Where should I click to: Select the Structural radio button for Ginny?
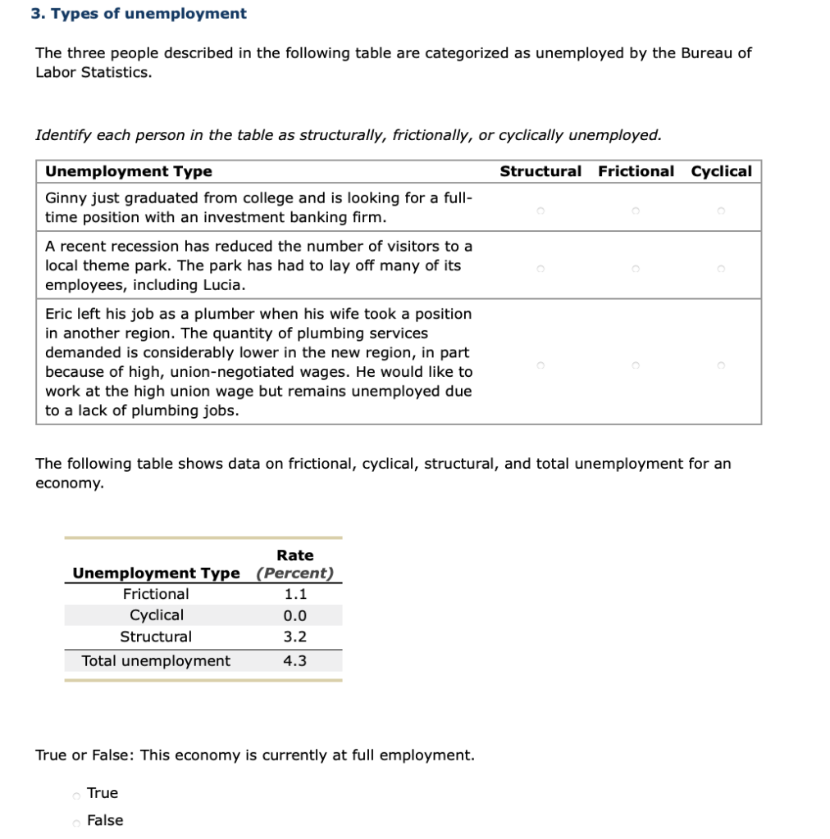540,211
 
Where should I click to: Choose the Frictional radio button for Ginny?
636,211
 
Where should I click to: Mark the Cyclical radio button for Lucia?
721,268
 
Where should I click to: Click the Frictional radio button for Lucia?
636,268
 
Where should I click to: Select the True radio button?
76,794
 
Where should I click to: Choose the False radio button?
76,822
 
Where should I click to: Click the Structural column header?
540,171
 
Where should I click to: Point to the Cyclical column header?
721,171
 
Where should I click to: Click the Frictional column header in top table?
636,171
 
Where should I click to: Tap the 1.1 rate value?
294,594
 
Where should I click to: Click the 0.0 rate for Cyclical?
294,615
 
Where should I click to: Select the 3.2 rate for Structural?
294,637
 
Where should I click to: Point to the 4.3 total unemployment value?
294,661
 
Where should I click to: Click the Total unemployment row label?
156,661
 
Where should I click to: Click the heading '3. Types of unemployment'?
138,14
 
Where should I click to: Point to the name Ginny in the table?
65,198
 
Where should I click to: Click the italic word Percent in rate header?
294,574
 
